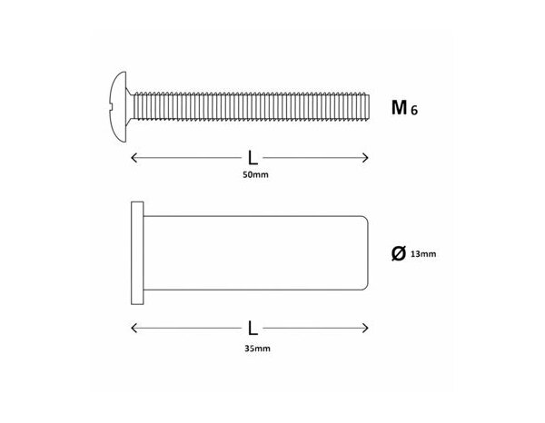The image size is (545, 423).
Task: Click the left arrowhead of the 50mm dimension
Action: [x=135, y=158]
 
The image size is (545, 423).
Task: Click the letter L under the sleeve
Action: [x=251, y=324]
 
